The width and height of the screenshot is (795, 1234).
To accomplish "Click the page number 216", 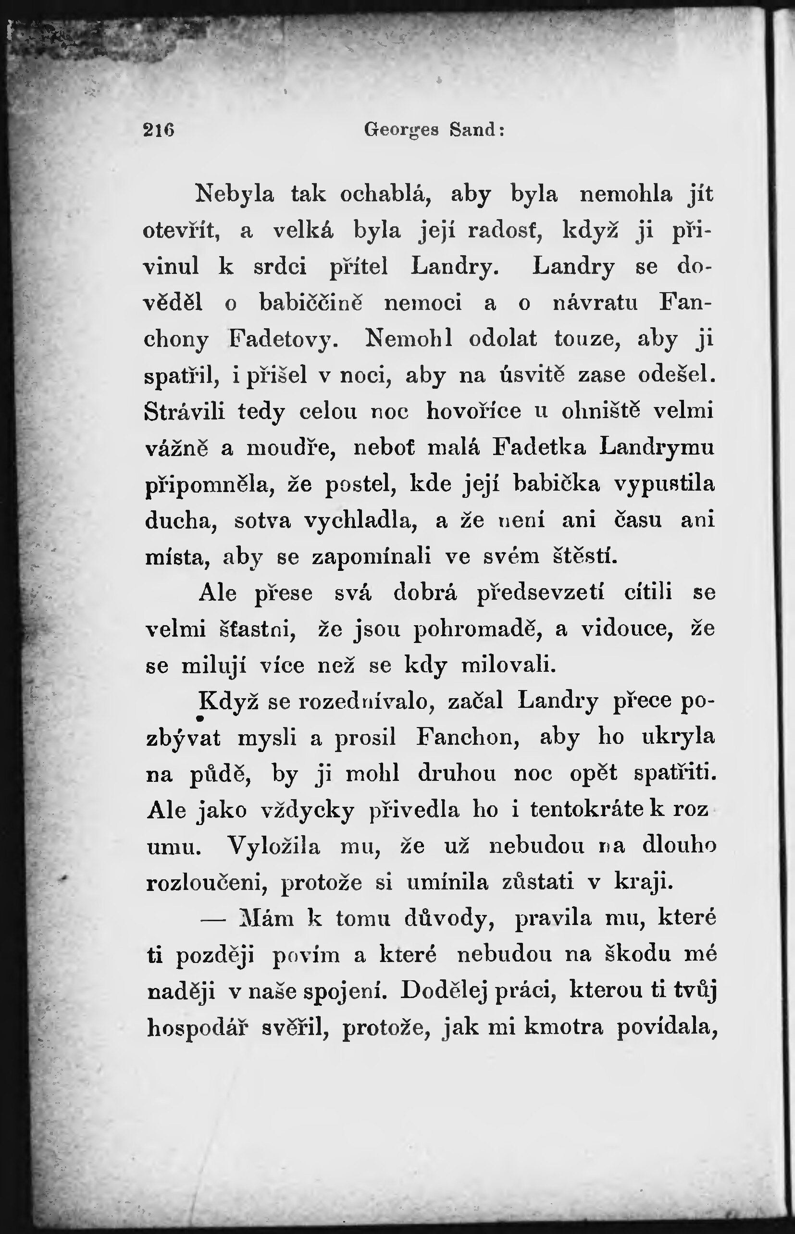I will click(159, 130).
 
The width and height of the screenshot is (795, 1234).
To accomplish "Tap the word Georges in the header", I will click(401, 130).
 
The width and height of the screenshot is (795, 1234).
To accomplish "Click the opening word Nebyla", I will click(235, 195).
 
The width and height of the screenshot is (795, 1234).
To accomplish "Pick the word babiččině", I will click(311, 303).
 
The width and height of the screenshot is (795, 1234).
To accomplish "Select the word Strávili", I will click(185, 412).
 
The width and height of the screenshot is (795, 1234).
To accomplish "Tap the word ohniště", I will click(601, 411).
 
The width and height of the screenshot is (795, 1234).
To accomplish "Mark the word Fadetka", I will click(539, 447).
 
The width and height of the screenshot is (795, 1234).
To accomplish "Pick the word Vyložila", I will click(274, 846).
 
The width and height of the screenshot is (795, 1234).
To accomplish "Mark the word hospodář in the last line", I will click(198, 1027).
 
